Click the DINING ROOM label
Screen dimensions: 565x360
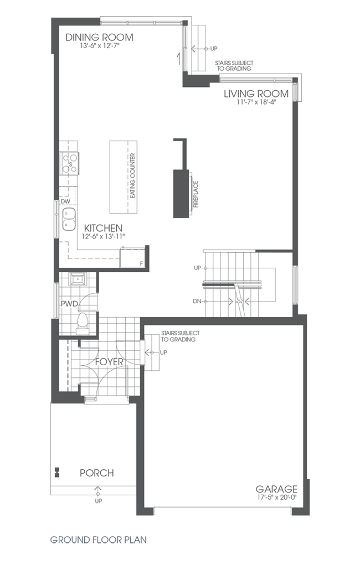coord(99,38)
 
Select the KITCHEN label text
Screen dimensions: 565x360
coord(103,228)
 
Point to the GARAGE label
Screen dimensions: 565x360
coord(276,489)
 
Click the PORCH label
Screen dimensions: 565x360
coord(96,473)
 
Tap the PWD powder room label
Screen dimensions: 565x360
coord(68,304)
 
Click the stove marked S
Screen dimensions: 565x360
coord(70,164)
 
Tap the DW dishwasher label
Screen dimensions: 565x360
coord(65,201)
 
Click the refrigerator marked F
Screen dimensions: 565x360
coord(133,258)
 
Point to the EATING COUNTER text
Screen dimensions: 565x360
coord(133,177)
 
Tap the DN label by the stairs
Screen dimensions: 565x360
coord(197,301)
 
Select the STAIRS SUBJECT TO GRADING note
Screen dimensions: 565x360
coord(178,336)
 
